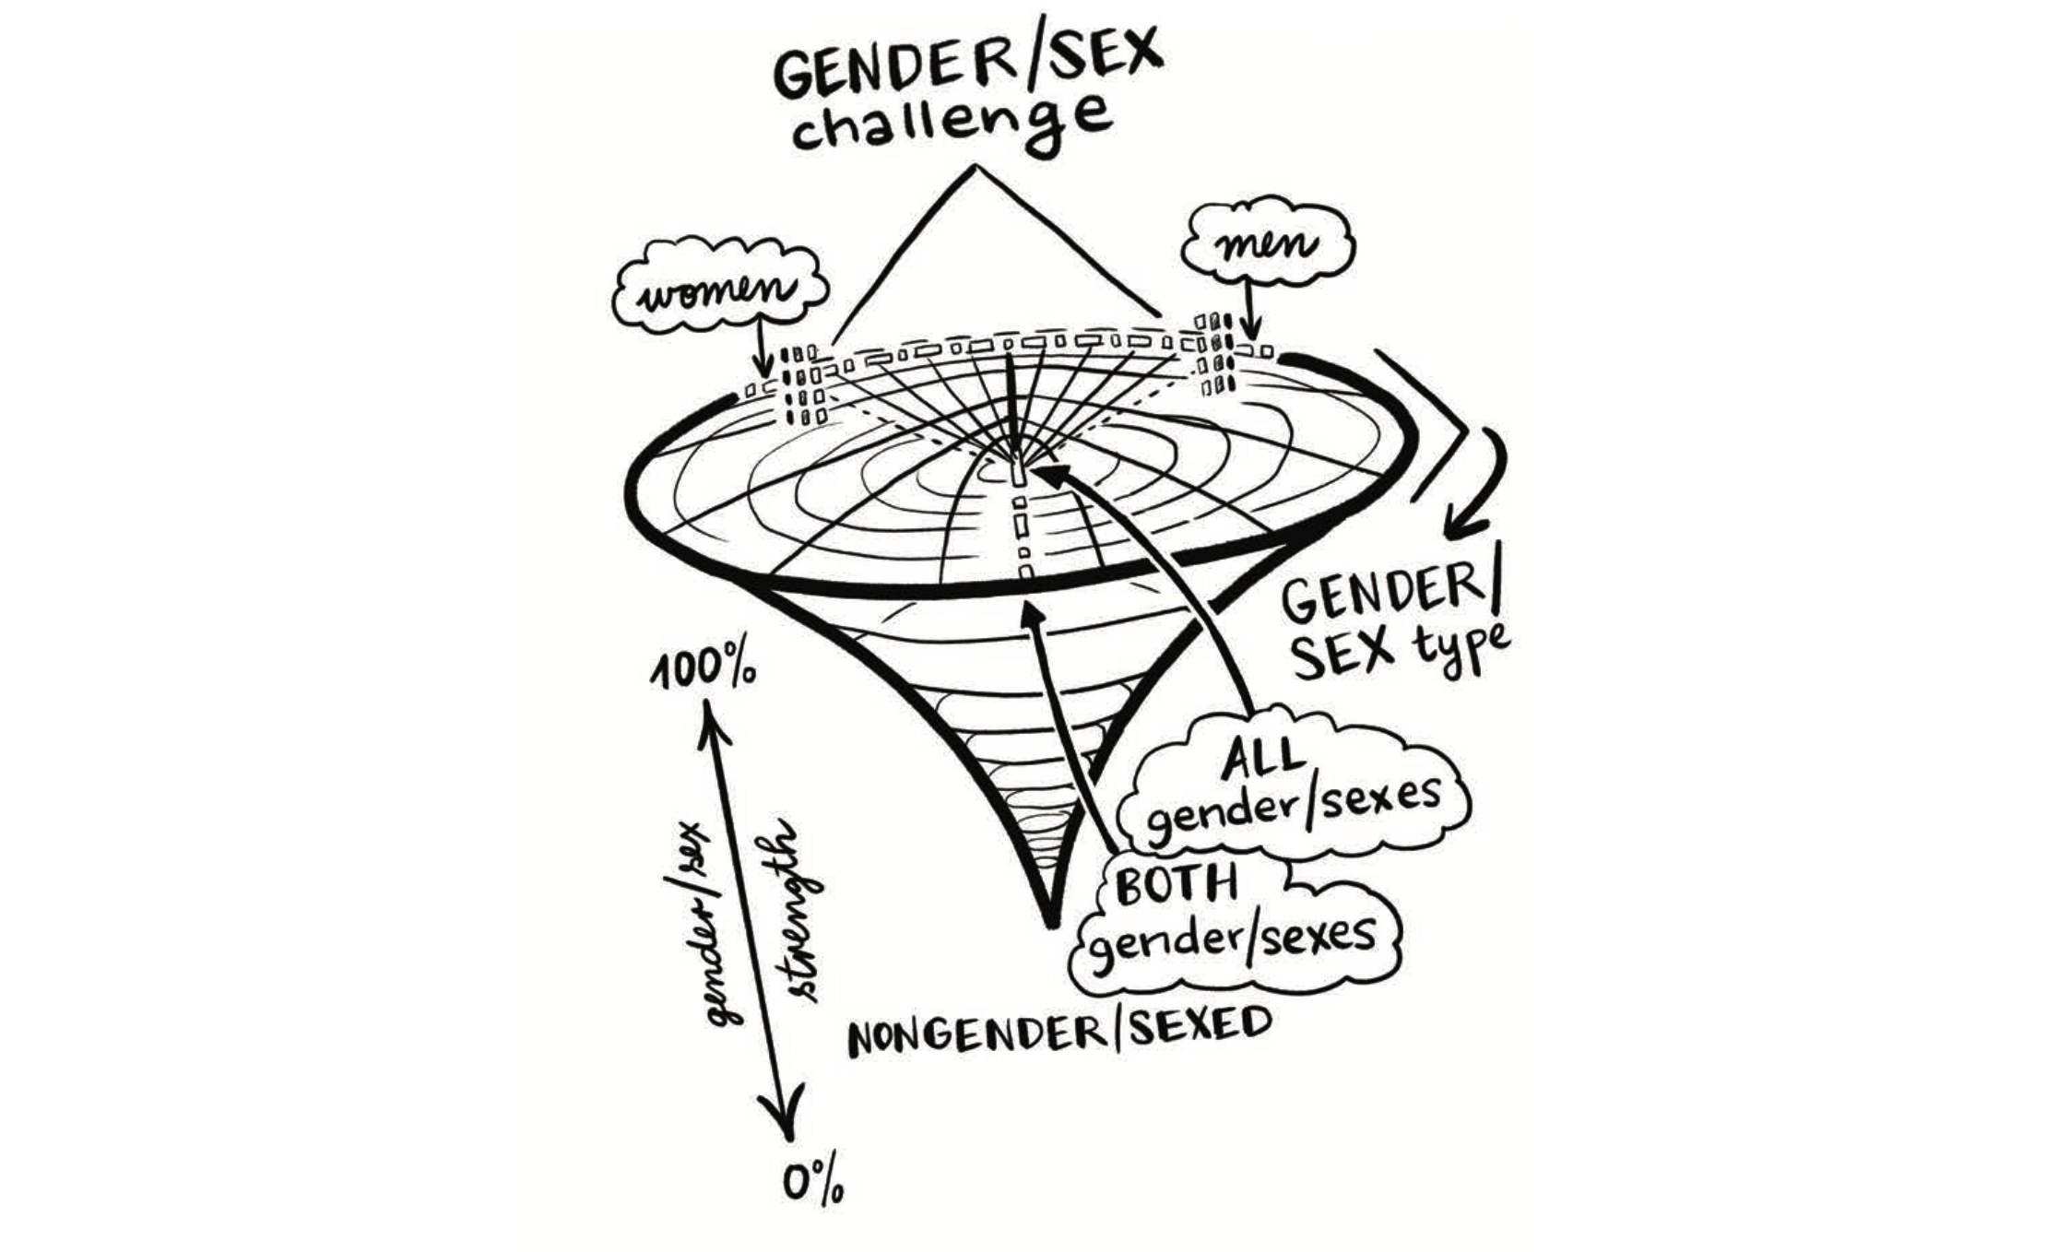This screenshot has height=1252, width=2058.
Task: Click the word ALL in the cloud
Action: pos(1264,759)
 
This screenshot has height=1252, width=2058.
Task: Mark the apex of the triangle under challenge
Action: pos(974,167)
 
